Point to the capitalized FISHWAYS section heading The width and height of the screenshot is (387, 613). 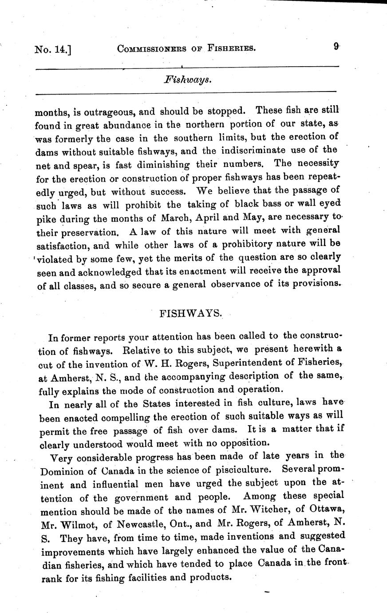[x=190, y=313]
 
